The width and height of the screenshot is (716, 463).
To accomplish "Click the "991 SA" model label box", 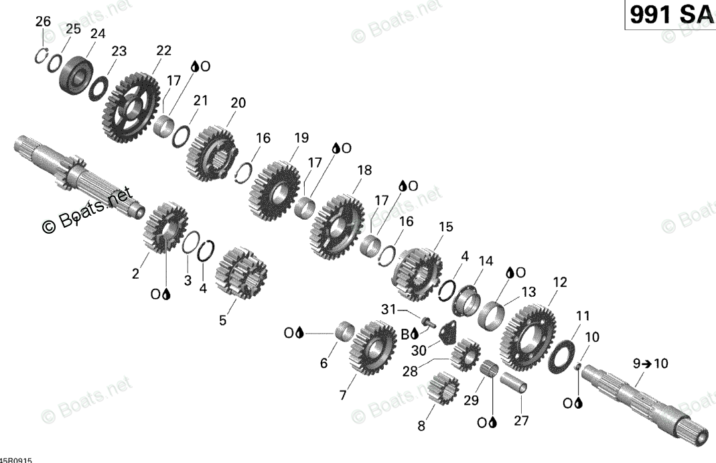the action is [x=670, y=15].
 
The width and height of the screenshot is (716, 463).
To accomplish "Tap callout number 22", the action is [x=163, y=50].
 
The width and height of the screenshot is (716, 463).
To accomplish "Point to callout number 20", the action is [x=238, y=103].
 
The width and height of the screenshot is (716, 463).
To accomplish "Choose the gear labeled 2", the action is [x=165, y=227].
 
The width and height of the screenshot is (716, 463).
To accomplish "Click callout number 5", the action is [x=222, y=320].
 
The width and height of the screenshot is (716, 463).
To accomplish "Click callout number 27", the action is [x=521, y=421].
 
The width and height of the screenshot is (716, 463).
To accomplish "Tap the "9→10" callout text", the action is [x=650, y=364].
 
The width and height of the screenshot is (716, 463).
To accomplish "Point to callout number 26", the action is [x=43, y=21].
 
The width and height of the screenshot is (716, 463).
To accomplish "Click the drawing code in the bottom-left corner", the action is [x=16, y=460].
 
